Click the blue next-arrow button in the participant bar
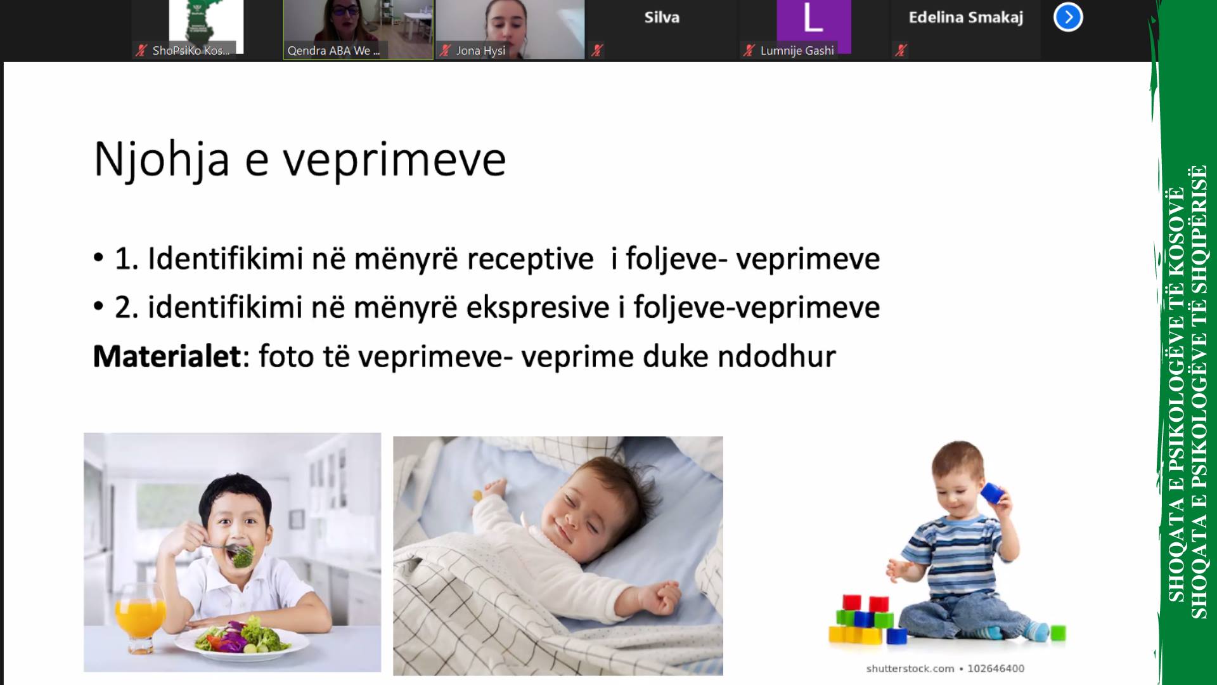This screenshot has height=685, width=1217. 1068,17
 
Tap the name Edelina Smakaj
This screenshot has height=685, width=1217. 965,18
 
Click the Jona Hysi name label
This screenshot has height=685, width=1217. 480,51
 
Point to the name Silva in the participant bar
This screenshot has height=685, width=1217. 662,17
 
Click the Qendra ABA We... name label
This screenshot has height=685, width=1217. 333,51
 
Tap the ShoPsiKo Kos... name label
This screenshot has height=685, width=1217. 191,51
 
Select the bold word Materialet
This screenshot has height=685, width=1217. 167,356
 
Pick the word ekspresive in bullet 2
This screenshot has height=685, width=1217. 538,308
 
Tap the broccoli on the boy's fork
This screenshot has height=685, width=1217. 242,556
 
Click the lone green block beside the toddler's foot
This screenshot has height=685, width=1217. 1057,633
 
